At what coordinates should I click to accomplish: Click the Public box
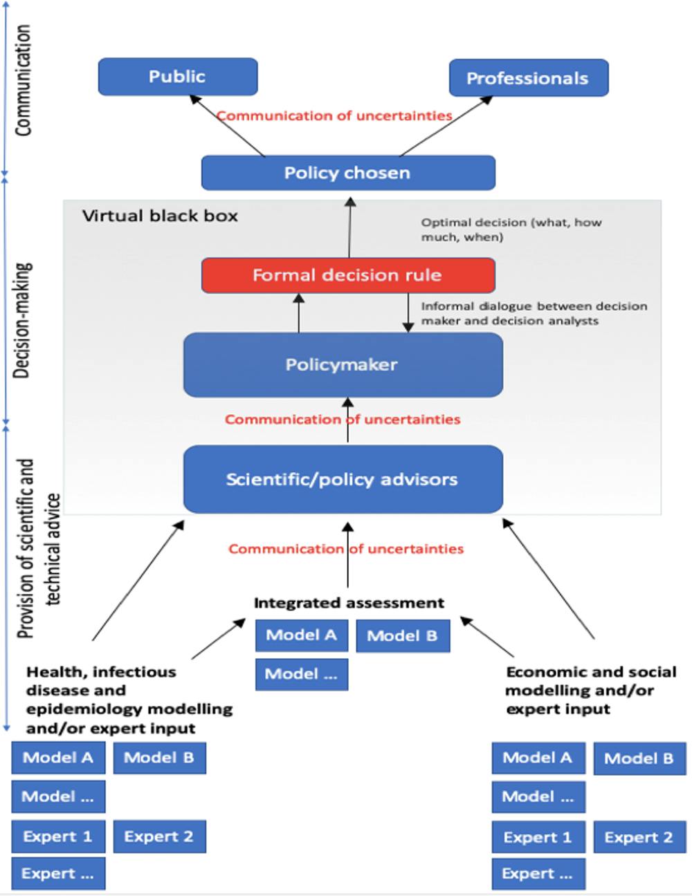[x=178, y=77]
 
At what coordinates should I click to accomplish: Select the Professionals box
[x=529, y=78]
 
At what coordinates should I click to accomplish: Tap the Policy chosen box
[x=348, y=173]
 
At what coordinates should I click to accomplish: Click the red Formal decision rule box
[x=348, y=275]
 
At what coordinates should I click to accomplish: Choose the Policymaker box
[x=343, y=365]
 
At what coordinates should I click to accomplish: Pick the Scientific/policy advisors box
[x=343, y=479]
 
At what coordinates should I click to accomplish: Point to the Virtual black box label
[x=160, y=216]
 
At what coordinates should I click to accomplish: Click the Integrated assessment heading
[x=349, y=603]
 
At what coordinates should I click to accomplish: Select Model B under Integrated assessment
[x=403, y=636]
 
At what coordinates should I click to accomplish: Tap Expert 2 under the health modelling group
[x=159, y=837]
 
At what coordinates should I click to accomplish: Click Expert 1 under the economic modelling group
[x=538, y=837]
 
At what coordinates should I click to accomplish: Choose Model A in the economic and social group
[x=538, y=758]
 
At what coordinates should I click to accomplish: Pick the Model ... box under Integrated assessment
[x=301, y=674]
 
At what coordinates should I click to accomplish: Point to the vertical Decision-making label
[x=23, y=319]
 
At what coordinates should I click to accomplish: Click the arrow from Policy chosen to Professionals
[x=446, y=126]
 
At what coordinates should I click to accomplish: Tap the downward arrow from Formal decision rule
[x=408, y=312]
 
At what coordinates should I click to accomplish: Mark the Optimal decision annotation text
[x=511, y=230]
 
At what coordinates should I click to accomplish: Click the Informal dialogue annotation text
[x=534, y=313]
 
